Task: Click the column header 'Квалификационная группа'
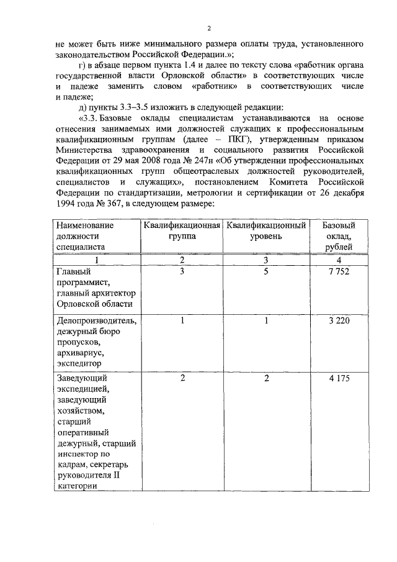182,230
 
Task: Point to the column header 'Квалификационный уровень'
266,230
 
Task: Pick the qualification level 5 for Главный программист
266,271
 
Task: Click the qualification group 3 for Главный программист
182,271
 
